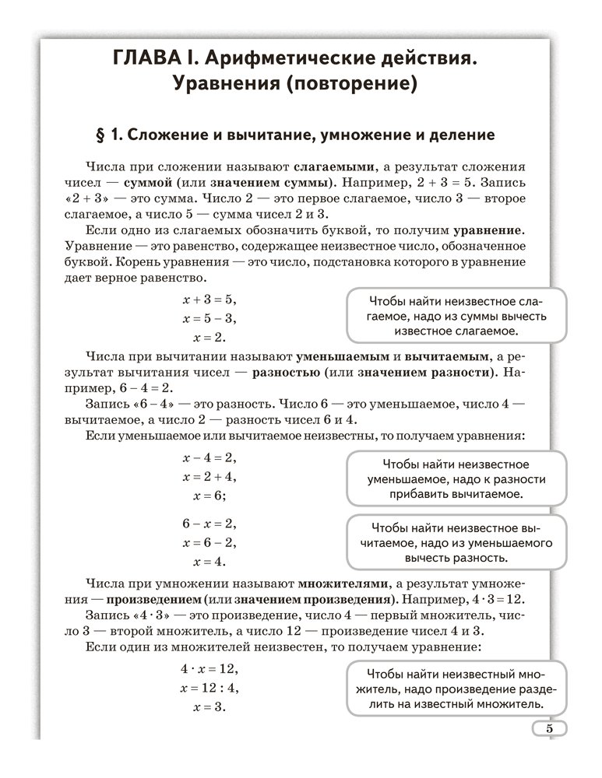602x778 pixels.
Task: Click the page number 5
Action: (549, 728)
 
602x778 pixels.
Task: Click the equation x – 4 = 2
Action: (209, 457)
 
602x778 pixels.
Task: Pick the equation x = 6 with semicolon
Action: (209, 495)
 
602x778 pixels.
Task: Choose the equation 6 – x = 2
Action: (209, 523)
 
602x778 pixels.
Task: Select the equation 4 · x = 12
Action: (209, 670)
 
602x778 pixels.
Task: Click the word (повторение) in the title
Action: (352, 83)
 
